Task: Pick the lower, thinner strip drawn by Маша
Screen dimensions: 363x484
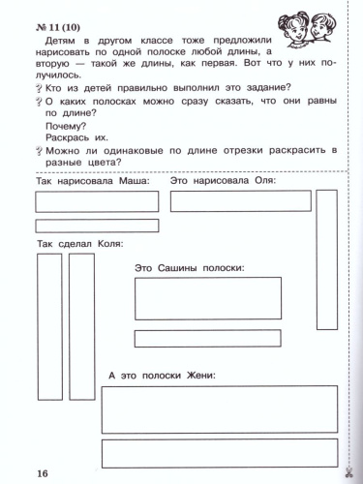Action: tap(97, 226)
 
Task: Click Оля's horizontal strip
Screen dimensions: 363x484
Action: tap(240, 200)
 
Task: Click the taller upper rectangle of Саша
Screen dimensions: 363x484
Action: tap(207, 297)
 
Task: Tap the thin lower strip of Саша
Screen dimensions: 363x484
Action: tap(207, 338)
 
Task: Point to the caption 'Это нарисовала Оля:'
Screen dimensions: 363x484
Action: tap(224, 181)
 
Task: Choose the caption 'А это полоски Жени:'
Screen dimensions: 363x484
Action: tap(162, 374)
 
